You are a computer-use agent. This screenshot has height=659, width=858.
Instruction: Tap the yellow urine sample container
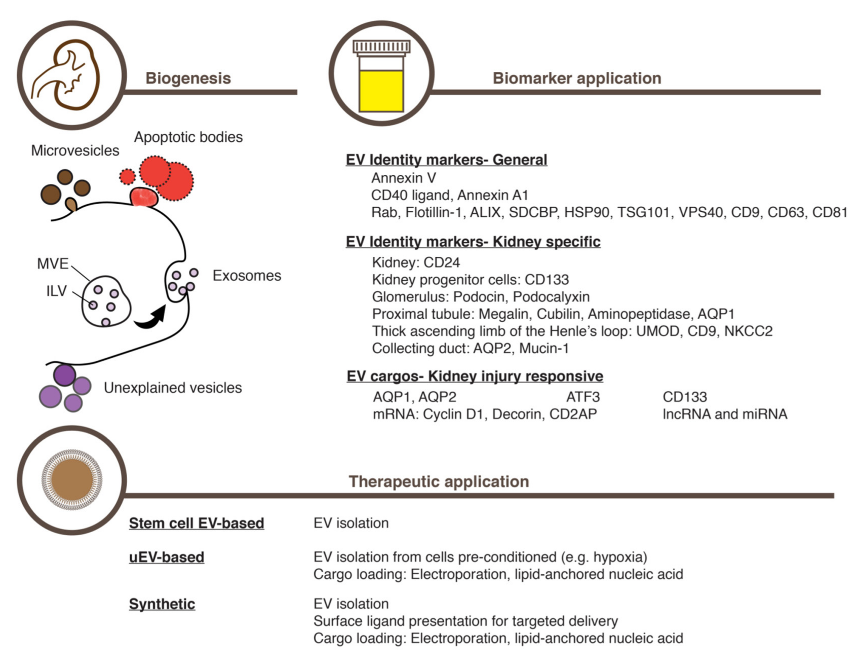click(381, 77)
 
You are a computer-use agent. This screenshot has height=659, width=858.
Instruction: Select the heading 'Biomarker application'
click(577, 78)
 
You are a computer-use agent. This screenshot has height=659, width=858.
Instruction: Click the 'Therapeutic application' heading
click(439, 481)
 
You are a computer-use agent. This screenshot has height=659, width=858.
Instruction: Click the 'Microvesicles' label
click(75, 151)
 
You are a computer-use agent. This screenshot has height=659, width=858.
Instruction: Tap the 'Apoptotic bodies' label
click(188, 137)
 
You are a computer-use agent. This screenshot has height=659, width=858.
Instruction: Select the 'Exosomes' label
click(247, 276)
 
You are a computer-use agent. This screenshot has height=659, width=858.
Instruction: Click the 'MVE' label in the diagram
click(52, 264)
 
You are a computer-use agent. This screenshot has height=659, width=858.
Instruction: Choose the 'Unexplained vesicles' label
click(172, 388)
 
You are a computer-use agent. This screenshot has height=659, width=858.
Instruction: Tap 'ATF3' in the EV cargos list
click(582, 397)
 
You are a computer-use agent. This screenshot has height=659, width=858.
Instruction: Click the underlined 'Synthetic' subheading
click(162, 604)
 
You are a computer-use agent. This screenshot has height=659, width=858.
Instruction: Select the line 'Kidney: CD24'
click(416, 262)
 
